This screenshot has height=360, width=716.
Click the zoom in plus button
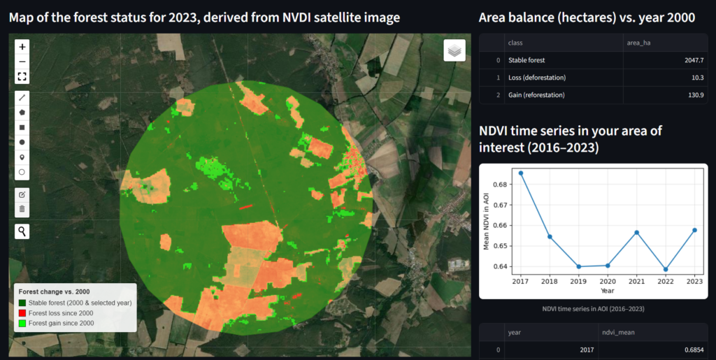coord(22,47)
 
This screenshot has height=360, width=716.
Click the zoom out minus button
coord(22,62)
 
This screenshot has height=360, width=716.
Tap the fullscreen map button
coord(22,77)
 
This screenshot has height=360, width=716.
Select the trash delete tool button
coord(22,208)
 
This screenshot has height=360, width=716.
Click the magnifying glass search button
coord(22,231)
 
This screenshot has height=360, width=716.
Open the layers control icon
coord(454,50)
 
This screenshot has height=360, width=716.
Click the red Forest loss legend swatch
coord(22,313)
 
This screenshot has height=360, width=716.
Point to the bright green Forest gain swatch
coord(22,324)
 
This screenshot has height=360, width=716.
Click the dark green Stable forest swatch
coord(22,303)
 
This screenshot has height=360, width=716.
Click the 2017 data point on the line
coord(520,173)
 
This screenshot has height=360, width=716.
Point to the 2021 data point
coord(636,232)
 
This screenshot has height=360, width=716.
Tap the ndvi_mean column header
coord(620,333)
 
